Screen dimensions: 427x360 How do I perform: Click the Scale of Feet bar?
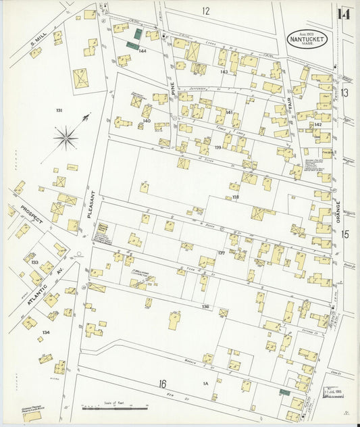point(114,407)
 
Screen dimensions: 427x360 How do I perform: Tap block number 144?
point(143,51)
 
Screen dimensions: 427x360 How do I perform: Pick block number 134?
point(45,332)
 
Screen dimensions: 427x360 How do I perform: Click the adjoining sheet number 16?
point(162,384)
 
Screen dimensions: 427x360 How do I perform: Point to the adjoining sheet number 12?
point(205,11)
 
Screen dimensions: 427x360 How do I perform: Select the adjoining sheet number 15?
point(345,234)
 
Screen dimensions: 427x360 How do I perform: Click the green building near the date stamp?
point(284,392)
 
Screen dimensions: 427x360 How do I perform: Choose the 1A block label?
point(205,384)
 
